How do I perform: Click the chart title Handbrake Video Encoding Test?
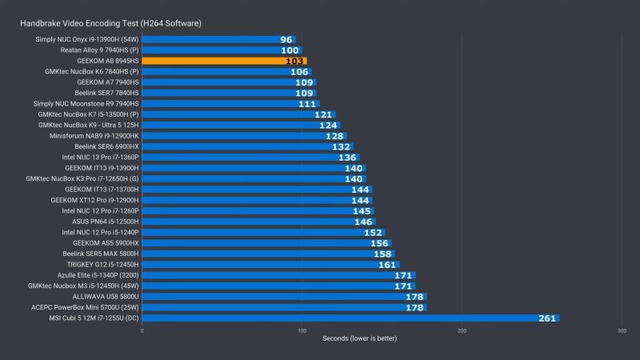(110, 23)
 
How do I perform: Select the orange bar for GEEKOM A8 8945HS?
(224, 61)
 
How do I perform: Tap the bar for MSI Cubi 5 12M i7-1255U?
(350, 318)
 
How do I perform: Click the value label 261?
(546, 318)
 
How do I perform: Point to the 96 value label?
(286, 39)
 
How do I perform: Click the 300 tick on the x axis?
(622, 330)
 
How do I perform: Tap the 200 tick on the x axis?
(462, 330)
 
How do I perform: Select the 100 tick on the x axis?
(302, 330)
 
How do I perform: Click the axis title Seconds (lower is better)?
(359, 338)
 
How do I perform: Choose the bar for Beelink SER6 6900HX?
(247, 146)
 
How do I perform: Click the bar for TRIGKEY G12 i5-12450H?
(270, 264)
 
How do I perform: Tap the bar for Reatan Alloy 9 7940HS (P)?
(222, 50)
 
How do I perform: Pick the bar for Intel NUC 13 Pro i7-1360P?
(250, 157)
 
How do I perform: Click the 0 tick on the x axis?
(142, 330)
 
